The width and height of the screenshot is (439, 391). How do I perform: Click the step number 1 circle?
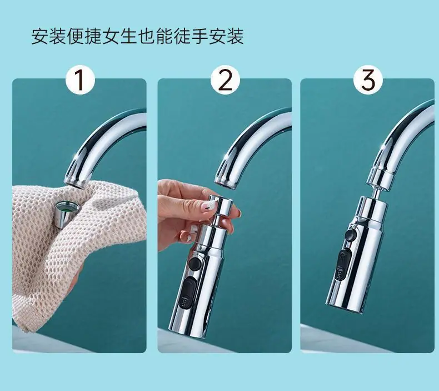pos(81,81)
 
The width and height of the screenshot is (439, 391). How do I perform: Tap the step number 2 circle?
pos(225,81)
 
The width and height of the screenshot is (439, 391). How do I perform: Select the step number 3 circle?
pos(368,81)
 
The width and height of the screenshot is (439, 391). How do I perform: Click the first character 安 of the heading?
pos(40,36)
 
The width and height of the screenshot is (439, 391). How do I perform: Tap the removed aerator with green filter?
pos(67,214)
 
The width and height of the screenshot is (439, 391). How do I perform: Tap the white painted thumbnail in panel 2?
pos(206,208)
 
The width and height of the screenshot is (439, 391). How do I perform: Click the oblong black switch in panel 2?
pos(186,293)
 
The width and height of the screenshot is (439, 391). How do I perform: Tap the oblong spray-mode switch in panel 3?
pos(343,264)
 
